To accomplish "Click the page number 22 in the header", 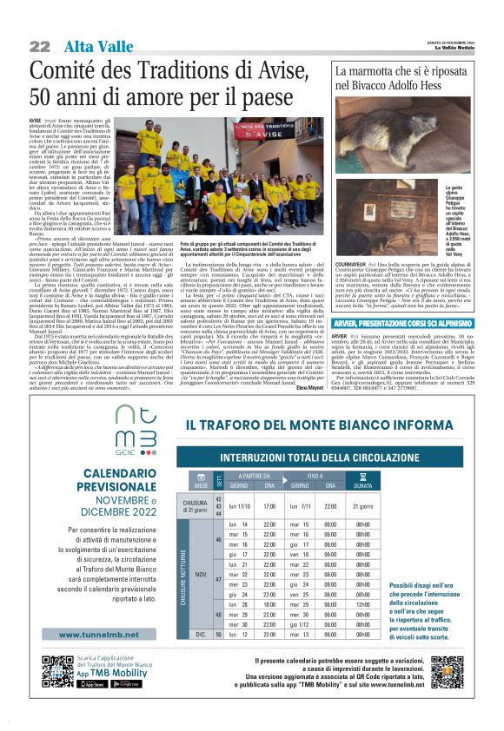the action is click(x=40, y=45).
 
